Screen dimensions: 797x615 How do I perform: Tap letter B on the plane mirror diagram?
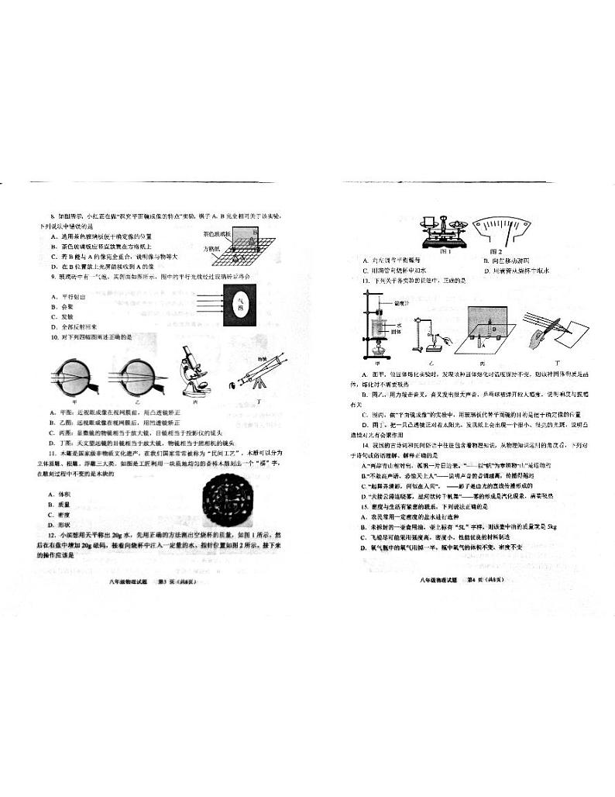coord(489,328)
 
